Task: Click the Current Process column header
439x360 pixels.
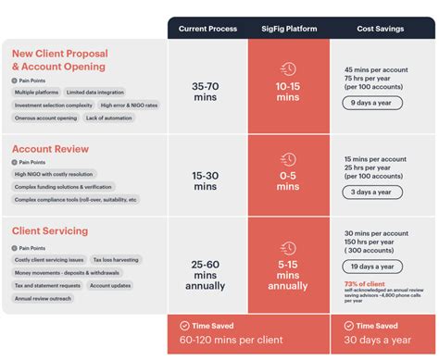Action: pos(207,29)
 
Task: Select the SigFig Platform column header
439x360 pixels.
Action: pos(289,29)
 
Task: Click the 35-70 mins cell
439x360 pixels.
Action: pos(207,91)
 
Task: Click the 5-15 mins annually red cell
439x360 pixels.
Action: pos(289,275)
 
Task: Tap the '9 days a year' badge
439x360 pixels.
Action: pos(370,104)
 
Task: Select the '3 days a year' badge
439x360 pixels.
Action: pos(370,192)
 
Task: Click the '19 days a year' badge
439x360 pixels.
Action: pos(372,266)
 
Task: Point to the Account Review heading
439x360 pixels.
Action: pos(51,148)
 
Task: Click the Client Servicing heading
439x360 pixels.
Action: pos(50,230)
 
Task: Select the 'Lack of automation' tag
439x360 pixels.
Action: pos(109,118)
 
